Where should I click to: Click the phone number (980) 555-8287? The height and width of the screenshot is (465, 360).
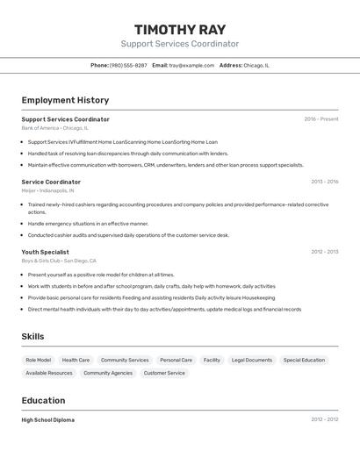[128, 65]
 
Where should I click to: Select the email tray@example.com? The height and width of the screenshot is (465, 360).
[191, 65]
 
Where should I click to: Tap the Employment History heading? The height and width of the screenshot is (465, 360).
[65, 100]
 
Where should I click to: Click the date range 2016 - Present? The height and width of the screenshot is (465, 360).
[320, 119]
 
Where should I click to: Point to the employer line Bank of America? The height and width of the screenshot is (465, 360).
[54, 128]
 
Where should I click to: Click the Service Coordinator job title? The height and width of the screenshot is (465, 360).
[51, 182]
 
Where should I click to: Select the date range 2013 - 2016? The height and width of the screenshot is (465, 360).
[324, 182]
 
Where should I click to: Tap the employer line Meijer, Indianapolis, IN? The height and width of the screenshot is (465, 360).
[47, 190]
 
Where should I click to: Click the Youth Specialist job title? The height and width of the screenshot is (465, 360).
[45, 252]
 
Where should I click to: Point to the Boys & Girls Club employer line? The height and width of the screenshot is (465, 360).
[59, 261]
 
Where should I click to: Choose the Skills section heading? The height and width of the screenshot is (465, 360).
[32, 337]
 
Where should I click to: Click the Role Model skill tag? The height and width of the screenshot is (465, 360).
[38, 360]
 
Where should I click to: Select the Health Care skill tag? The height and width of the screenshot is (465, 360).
[76, 360]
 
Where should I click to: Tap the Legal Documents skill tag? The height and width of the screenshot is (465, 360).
[251, 360]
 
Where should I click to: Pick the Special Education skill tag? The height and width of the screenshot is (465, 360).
[304, 360]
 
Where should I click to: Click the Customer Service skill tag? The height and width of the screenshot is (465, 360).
[164, 373]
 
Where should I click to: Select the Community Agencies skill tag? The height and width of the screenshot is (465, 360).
[108, 373]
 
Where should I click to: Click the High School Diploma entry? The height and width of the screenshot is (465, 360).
[47, 420]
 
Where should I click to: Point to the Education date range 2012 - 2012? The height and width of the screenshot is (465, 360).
[324, 419]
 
